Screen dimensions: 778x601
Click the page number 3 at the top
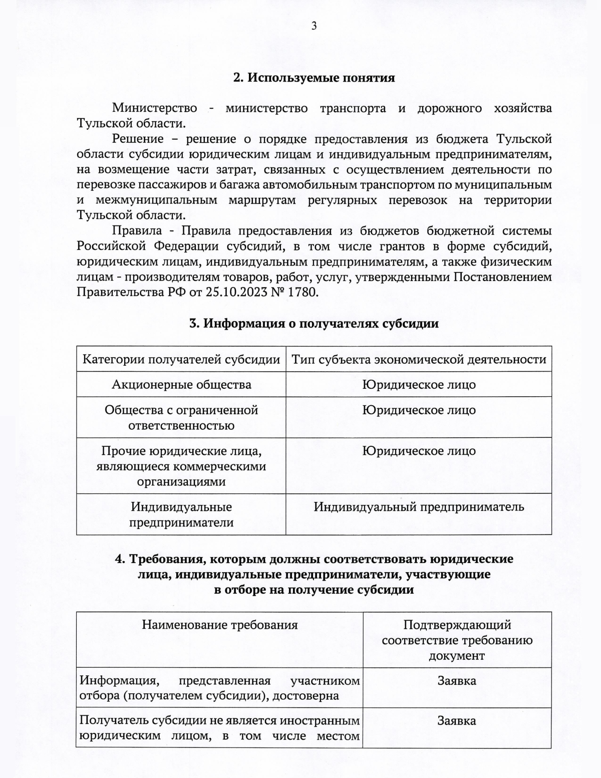(314, 27)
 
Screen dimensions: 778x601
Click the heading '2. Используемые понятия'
(314, 78)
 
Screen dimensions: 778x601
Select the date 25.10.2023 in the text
(235, 292)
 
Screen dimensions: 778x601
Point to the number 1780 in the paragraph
(302, 292)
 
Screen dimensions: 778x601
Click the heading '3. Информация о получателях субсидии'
(314, 323)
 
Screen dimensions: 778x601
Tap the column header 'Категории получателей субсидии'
(181, 359)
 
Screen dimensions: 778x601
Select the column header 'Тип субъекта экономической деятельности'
(419, 359)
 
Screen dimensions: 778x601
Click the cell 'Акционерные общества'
(181, 384)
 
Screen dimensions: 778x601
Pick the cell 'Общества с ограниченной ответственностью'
(181, 417)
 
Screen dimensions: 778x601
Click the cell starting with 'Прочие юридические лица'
(181, 466)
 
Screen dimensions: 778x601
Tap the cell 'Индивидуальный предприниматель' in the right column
(419, 506)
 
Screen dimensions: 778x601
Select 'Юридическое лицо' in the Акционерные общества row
(419, 384)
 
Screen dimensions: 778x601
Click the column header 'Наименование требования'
(219, 625)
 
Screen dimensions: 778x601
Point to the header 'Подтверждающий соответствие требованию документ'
(457, 640)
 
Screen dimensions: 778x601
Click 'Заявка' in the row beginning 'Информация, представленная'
(457, 681)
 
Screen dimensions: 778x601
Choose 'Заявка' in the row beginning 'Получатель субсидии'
(457, 721)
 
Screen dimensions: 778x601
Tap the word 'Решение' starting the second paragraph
(138, 139)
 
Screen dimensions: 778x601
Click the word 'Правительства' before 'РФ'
(120, 292)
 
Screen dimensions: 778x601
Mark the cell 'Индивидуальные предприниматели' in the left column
(181, 514)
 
